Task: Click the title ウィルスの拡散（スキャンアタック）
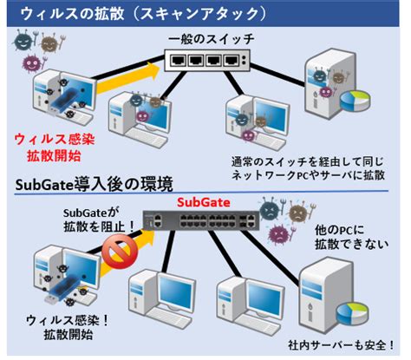click(143, 14)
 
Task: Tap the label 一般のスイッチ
click(212, 39)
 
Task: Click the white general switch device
click(207, 60)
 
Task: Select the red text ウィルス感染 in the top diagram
click(55, 139)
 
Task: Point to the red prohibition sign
click(120, 252)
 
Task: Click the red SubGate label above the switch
click(204, 202)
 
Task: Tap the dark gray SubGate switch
click(201, 220)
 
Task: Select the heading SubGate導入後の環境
click(95, 184)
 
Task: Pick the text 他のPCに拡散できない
click(351, 237)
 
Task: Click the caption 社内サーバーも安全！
click(342, 345)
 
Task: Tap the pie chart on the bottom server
click(353, 314)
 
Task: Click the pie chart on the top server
click(356, 101)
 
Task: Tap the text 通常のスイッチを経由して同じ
click(308, 161)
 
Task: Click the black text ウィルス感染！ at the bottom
click(68, 321)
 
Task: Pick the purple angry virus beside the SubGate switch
click(280, 232)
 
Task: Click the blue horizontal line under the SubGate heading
click(201, 192)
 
